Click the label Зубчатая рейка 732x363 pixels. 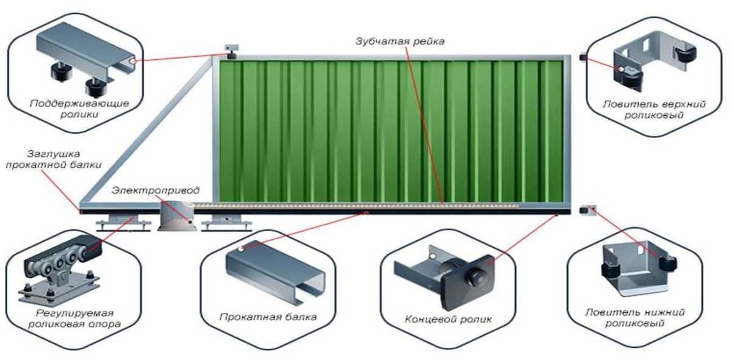[x=400, y=41]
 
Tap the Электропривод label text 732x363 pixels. [x=155, y=190]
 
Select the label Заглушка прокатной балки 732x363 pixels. [x=54, y=159]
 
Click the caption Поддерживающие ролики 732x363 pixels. [x=79, y=109]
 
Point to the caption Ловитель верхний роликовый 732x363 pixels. [x=654, y=109]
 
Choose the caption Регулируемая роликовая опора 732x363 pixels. [x=74, y=318]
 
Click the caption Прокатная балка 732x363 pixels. [x=268, y=317]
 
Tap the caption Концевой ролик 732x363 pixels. [x=448, y=319]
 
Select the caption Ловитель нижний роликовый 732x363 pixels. [x=635, y=318]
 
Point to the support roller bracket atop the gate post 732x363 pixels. [x=231, y=52]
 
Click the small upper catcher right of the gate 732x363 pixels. [x=583, y=58]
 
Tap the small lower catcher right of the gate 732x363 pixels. [x=587, y=210]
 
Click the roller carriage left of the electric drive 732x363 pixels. [x=123, y=223]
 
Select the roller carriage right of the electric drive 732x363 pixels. [x=227, y=223]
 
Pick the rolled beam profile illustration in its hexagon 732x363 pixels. [x=276, y=272]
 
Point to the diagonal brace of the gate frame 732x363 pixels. [x=147, y=130]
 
